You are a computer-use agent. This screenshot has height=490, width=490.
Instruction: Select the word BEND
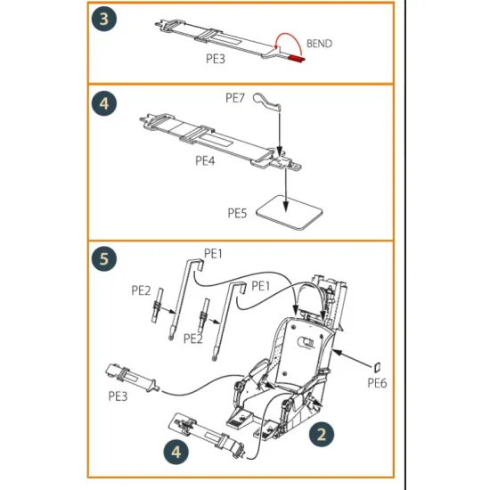pyautogui.click(x=320, y=42)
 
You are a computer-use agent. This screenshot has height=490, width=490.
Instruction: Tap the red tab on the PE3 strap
pyautogui.click(x=294, y=60)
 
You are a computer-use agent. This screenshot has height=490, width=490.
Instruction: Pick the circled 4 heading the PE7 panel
pyautogui.click(x=104, y=104)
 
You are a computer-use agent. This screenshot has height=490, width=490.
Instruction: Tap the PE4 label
pyautogui.click(x=207, y=161)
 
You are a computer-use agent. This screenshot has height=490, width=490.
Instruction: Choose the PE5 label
pyautogui.click(x=238, y=214)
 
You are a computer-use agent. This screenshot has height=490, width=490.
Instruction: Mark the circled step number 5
pyautogui.click(x=104, y=260)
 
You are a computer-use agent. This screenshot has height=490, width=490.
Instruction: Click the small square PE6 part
pyautogui.click(x=377, y=365)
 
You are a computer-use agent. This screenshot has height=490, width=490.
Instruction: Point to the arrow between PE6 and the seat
pyautogui.click(x=355, y=359)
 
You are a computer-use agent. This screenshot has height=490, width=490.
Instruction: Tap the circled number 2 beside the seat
pyautogui.click(x=322, y=434)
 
